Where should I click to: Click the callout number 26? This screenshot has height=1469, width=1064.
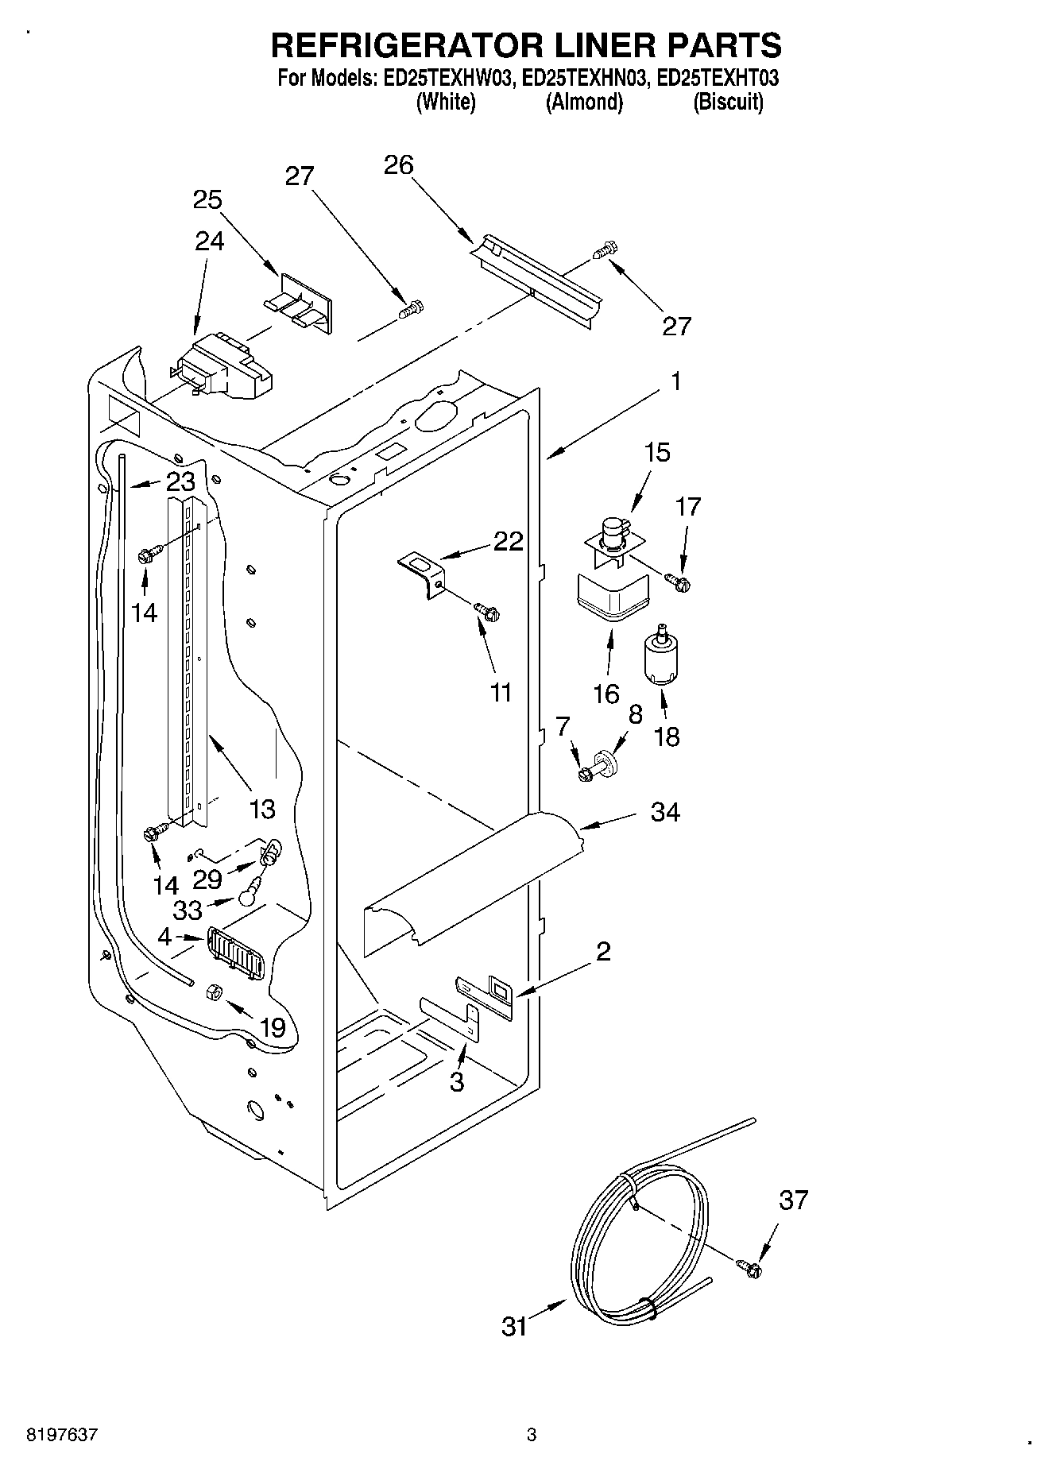pyautogui.click(x=398, y=165)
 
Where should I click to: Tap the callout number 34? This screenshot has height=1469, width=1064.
pyautogui.click(x=665, y=812)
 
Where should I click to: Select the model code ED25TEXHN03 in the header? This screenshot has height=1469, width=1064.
pyautogui.click(x=584, y=79)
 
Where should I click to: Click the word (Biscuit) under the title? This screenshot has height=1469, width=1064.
pyautogui.click(x=728, y=102)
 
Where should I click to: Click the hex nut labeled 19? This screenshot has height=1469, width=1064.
pyautogui.click(x=214, y=991)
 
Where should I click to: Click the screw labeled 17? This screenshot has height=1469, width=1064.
pyautogui.click(x=680, y=584)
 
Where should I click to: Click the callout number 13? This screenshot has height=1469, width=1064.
pyautogui.click(x=261, y=809)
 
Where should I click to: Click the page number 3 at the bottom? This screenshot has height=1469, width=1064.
pyautogui.click(x=531, y=1435)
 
